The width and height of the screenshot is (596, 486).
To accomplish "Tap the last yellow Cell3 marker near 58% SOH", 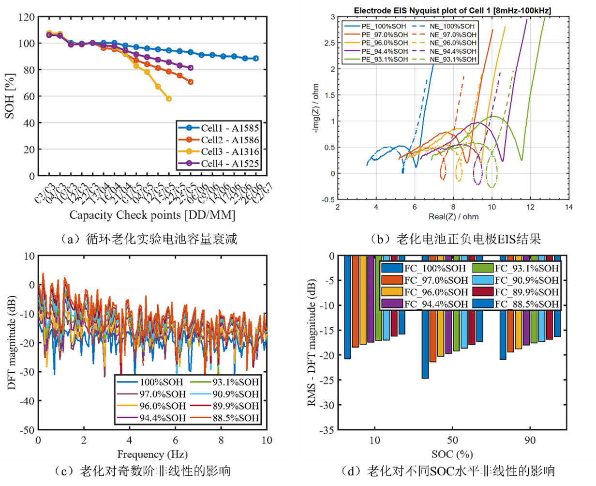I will (x=169, y=99).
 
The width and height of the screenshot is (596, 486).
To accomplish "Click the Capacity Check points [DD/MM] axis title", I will (x=152, y=215).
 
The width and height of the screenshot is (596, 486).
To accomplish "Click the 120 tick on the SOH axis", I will (x=26, y=17).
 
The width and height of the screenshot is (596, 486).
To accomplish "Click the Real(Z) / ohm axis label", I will (x=453, y=217).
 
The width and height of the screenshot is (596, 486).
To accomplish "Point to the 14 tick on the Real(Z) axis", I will (x=569, y=207).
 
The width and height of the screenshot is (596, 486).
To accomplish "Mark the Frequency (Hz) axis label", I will (x=152, y=455).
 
